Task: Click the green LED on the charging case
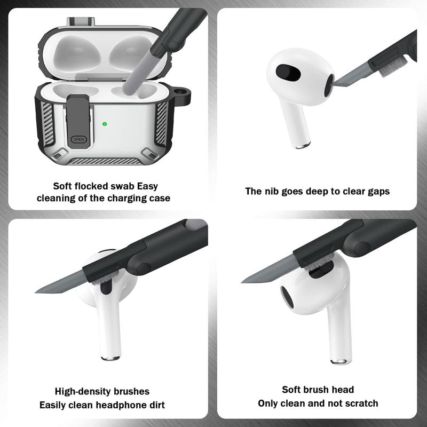105,124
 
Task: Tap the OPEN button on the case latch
78,139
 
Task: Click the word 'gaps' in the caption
377,191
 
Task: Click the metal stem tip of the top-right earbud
303,144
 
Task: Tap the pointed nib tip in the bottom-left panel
37,291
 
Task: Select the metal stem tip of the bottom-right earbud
338,361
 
